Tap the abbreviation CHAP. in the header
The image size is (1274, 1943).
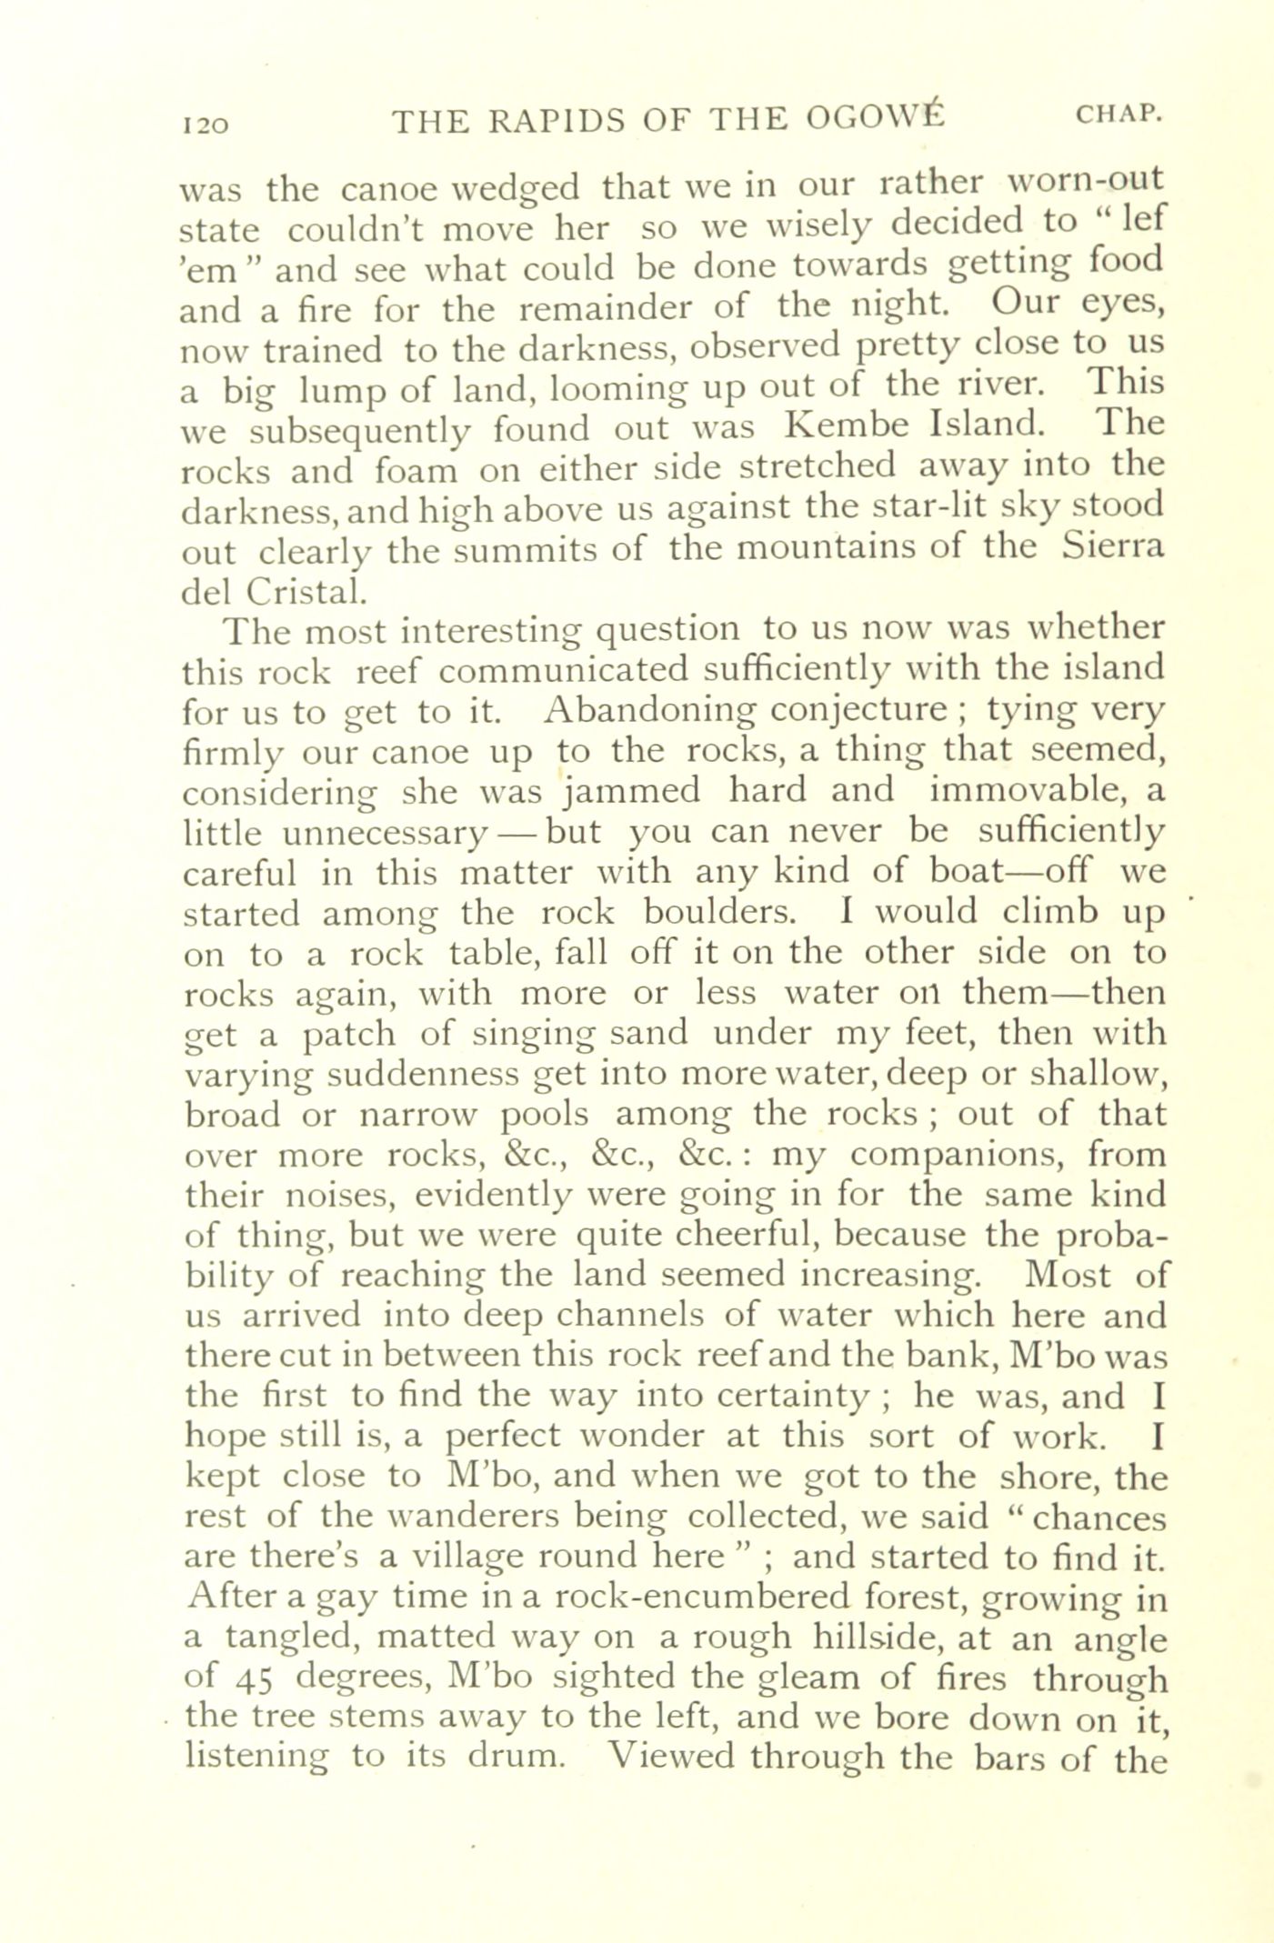click(x=1119, y=115)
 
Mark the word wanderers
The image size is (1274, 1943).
click(x=493, y=1517)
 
